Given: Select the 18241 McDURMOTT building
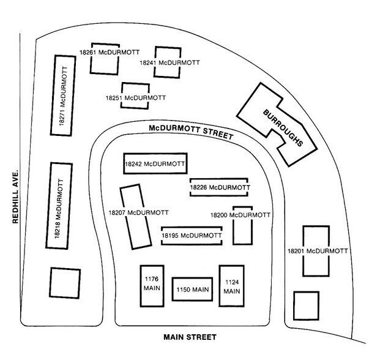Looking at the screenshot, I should point(166,62).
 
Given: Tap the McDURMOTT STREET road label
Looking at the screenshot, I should point(191,131).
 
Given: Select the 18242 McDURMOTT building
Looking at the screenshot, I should point(155,163).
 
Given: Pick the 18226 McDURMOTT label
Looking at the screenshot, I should point(219,187).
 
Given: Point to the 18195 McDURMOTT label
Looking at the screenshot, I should point(192,235).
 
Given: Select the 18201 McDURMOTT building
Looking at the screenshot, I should point(318,251).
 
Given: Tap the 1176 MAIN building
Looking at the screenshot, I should point(152,285).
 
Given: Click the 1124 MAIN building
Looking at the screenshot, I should point(231,286).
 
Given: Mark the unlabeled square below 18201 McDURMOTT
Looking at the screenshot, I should point(306,306).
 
